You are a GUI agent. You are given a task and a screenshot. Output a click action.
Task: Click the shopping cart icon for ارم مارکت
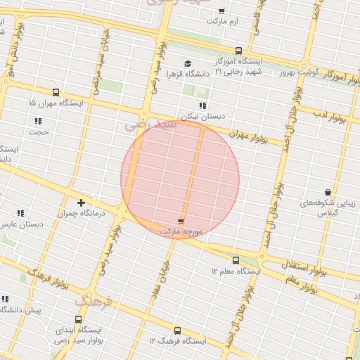[x=221, y=11]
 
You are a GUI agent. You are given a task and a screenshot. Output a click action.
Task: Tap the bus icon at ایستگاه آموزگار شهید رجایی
[x=238, y=51]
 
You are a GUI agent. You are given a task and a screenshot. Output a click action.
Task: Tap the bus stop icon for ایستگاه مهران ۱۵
[x=56, y=92]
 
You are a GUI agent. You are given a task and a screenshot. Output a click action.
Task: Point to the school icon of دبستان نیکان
[x=202, y=105]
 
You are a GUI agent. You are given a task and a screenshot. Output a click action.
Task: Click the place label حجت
[x=38, y=131]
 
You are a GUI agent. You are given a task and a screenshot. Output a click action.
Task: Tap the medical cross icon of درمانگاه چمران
[x=82, y=202]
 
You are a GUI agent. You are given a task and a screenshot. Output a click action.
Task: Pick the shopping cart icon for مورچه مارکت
[x=181, y=221]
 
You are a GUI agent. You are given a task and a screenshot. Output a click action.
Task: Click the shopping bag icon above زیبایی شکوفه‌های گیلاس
[x=328, y=192]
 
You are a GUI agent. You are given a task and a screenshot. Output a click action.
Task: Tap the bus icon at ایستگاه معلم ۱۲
[x=235, y=259]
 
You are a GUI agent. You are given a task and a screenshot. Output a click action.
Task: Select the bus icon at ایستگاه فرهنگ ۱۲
[x=176, y=330]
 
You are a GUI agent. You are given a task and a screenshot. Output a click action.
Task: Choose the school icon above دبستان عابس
[x=21, y=212]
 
